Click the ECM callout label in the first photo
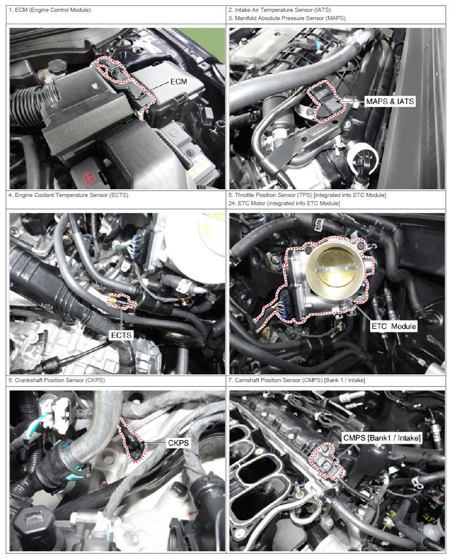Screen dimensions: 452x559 point(178,82)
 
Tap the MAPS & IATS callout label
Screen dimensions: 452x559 point(390,102)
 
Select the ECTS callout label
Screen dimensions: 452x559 point(121,335)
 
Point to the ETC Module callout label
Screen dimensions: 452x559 point(394,326)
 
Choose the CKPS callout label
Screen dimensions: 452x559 point(178,443)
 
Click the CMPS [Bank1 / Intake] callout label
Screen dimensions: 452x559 point(382,438)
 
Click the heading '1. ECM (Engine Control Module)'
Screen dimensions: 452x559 point(50,10)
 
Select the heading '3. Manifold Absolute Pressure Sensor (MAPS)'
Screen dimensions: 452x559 point(287,18)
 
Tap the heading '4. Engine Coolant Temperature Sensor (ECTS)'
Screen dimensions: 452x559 point(68,195)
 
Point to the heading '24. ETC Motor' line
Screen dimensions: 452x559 point(284,203)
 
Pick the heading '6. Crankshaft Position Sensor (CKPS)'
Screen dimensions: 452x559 point(57,380)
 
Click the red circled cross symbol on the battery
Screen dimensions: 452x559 point(89,177)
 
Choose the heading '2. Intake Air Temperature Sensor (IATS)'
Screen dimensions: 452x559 point(280,10)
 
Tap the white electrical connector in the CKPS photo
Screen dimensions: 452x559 point(55,414)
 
